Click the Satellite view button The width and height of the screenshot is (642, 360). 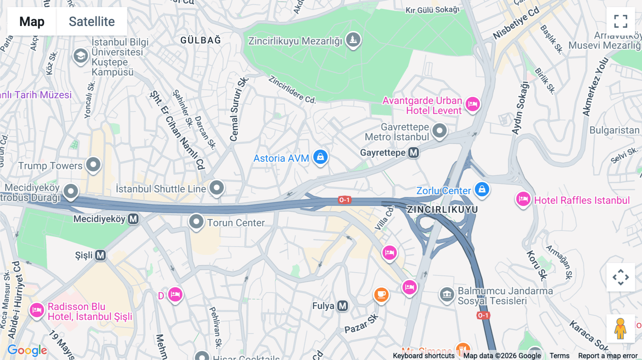[92, 21]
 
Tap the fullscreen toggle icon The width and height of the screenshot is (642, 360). [621, 21]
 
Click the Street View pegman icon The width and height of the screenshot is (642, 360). [621, 328]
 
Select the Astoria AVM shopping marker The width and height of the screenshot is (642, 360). [320, 157]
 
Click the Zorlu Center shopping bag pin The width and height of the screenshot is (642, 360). [482, 189]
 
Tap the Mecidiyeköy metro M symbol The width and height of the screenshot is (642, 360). [133, 218]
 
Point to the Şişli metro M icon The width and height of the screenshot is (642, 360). [101, 255]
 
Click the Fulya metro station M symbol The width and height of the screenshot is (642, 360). [343, 306]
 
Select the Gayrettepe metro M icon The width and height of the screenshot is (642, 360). [413, 153]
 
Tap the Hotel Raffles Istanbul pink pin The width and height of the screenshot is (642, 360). [523, 199]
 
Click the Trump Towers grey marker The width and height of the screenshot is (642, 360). [93, 165]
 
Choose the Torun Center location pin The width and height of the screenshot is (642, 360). [196, 222]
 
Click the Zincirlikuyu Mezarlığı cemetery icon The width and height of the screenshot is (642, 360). [353, 40]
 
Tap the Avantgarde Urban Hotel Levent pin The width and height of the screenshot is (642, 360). [473, 104]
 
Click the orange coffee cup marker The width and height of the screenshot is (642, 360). [381, 294]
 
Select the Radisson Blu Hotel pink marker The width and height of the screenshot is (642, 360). [37, 310]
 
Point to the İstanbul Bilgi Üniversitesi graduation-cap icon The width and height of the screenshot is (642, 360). [81, 56]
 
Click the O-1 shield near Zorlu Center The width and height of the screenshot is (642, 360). [345, 200]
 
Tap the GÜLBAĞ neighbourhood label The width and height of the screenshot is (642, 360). [200, 40]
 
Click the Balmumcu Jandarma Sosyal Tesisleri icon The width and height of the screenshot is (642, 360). [447, 294]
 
